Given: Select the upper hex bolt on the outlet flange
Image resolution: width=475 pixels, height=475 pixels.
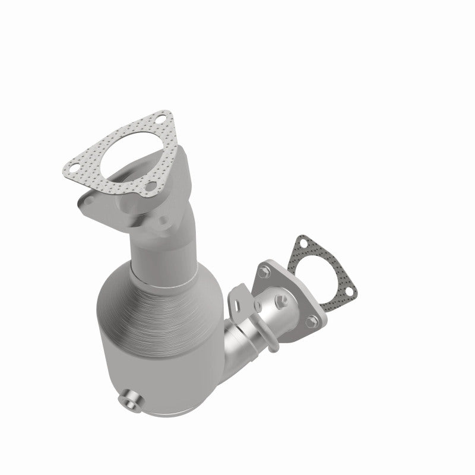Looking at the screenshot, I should pyautogui.click(x=261, y=274).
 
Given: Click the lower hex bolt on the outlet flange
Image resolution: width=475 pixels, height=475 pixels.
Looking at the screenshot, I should pyautogui.click(x=311, y=323).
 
